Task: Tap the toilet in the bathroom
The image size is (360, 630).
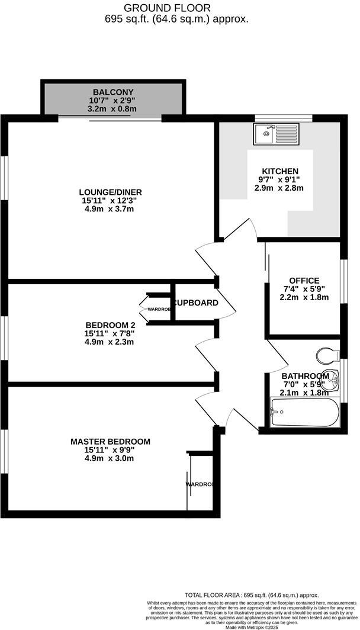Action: click(x=326, y=355)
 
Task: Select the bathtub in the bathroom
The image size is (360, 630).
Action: click(x=304, y=412)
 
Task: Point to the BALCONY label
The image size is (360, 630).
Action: click(x=113, y=92)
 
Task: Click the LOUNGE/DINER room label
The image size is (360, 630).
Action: click(x=111, y=192)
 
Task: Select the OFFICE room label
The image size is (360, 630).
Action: click(x=304, y=280)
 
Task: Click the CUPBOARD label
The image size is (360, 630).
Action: click(x=195, y=303)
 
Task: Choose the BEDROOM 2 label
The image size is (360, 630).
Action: click(x=111, y=324)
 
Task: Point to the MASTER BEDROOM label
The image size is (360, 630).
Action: click(x=110, y=442)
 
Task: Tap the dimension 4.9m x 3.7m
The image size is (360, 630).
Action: click(x=111, y=209)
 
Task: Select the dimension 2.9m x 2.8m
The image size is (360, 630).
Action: click(x=278, y=188)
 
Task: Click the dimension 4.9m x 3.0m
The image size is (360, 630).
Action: click(x=110, y=459)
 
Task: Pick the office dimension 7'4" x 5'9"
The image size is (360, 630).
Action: click(x=304, y=289)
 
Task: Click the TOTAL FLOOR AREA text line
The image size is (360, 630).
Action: click(x=251, y=595)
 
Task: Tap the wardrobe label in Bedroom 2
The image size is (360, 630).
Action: click(x=159, y=309)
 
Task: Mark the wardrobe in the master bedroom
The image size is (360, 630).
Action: click(x=199, y=484)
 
